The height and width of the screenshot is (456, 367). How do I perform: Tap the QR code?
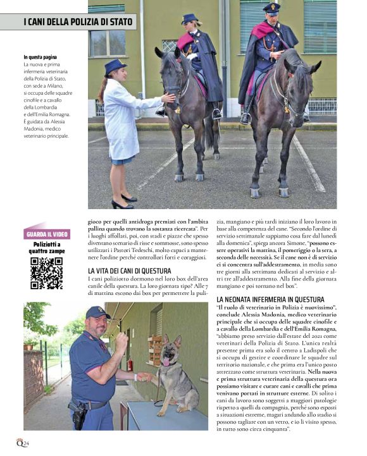point(46,273)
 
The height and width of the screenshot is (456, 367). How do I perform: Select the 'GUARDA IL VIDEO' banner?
point(47,234)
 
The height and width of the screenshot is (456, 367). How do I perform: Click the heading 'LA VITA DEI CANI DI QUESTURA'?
point(130,271)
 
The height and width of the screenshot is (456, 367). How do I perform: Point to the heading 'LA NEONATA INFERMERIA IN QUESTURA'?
point(270,299)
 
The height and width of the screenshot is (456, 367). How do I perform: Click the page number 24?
point(27,443)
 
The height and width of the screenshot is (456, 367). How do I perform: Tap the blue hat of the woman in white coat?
point(115,66)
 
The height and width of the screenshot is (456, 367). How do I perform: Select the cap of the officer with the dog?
point(97,312)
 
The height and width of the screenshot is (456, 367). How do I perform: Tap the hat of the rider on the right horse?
point(271,8)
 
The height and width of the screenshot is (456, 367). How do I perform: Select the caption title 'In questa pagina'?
point(40,57)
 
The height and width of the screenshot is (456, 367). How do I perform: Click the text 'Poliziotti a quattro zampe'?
point(46,248)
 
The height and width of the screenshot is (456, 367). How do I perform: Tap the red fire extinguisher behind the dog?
point(130,364)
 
